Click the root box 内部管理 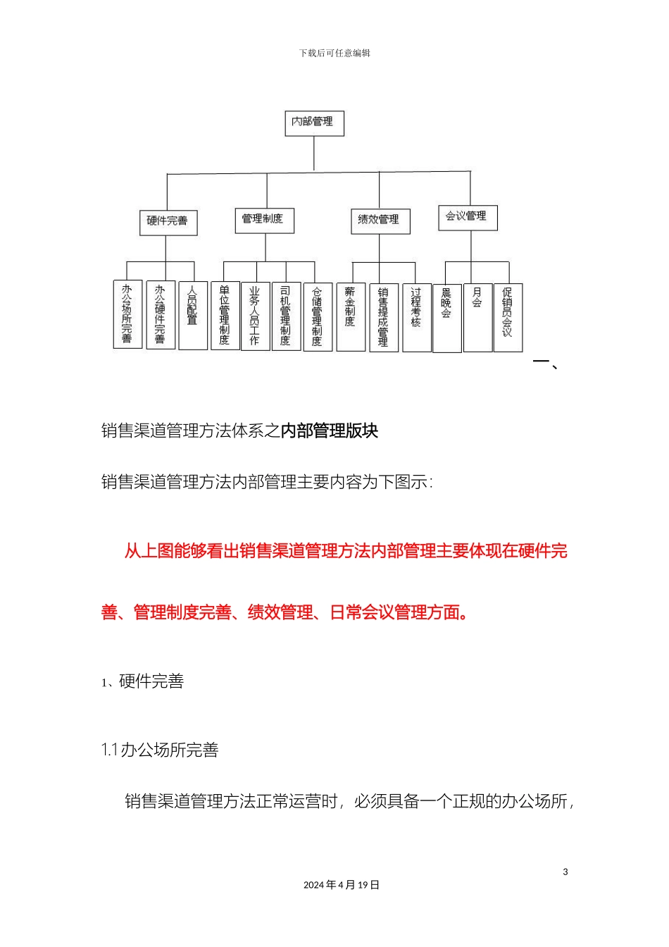point(313,123)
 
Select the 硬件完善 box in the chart point(167,221)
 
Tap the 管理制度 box point(263,220)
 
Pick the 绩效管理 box point(380,221)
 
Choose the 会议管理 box point(467,217)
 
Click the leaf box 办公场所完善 point(127,314)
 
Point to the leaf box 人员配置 point(192,315)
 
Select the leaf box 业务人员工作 point(255,316)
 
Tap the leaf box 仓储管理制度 point(317,316)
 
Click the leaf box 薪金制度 point(350,316)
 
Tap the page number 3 point(565,872)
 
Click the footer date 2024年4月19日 point(342,885)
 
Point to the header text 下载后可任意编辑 point(334,54)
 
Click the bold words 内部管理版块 point(330,431)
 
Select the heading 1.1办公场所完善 point(160,750)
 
